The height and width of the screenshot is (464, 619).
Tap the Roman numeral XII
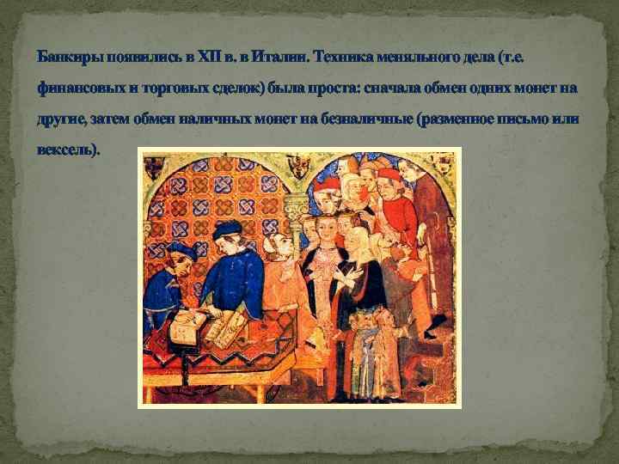point(210,57)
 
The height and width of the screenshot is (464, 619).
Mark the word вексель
point(67,150)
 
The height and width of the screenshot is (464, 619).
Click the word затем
point(108,119)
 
